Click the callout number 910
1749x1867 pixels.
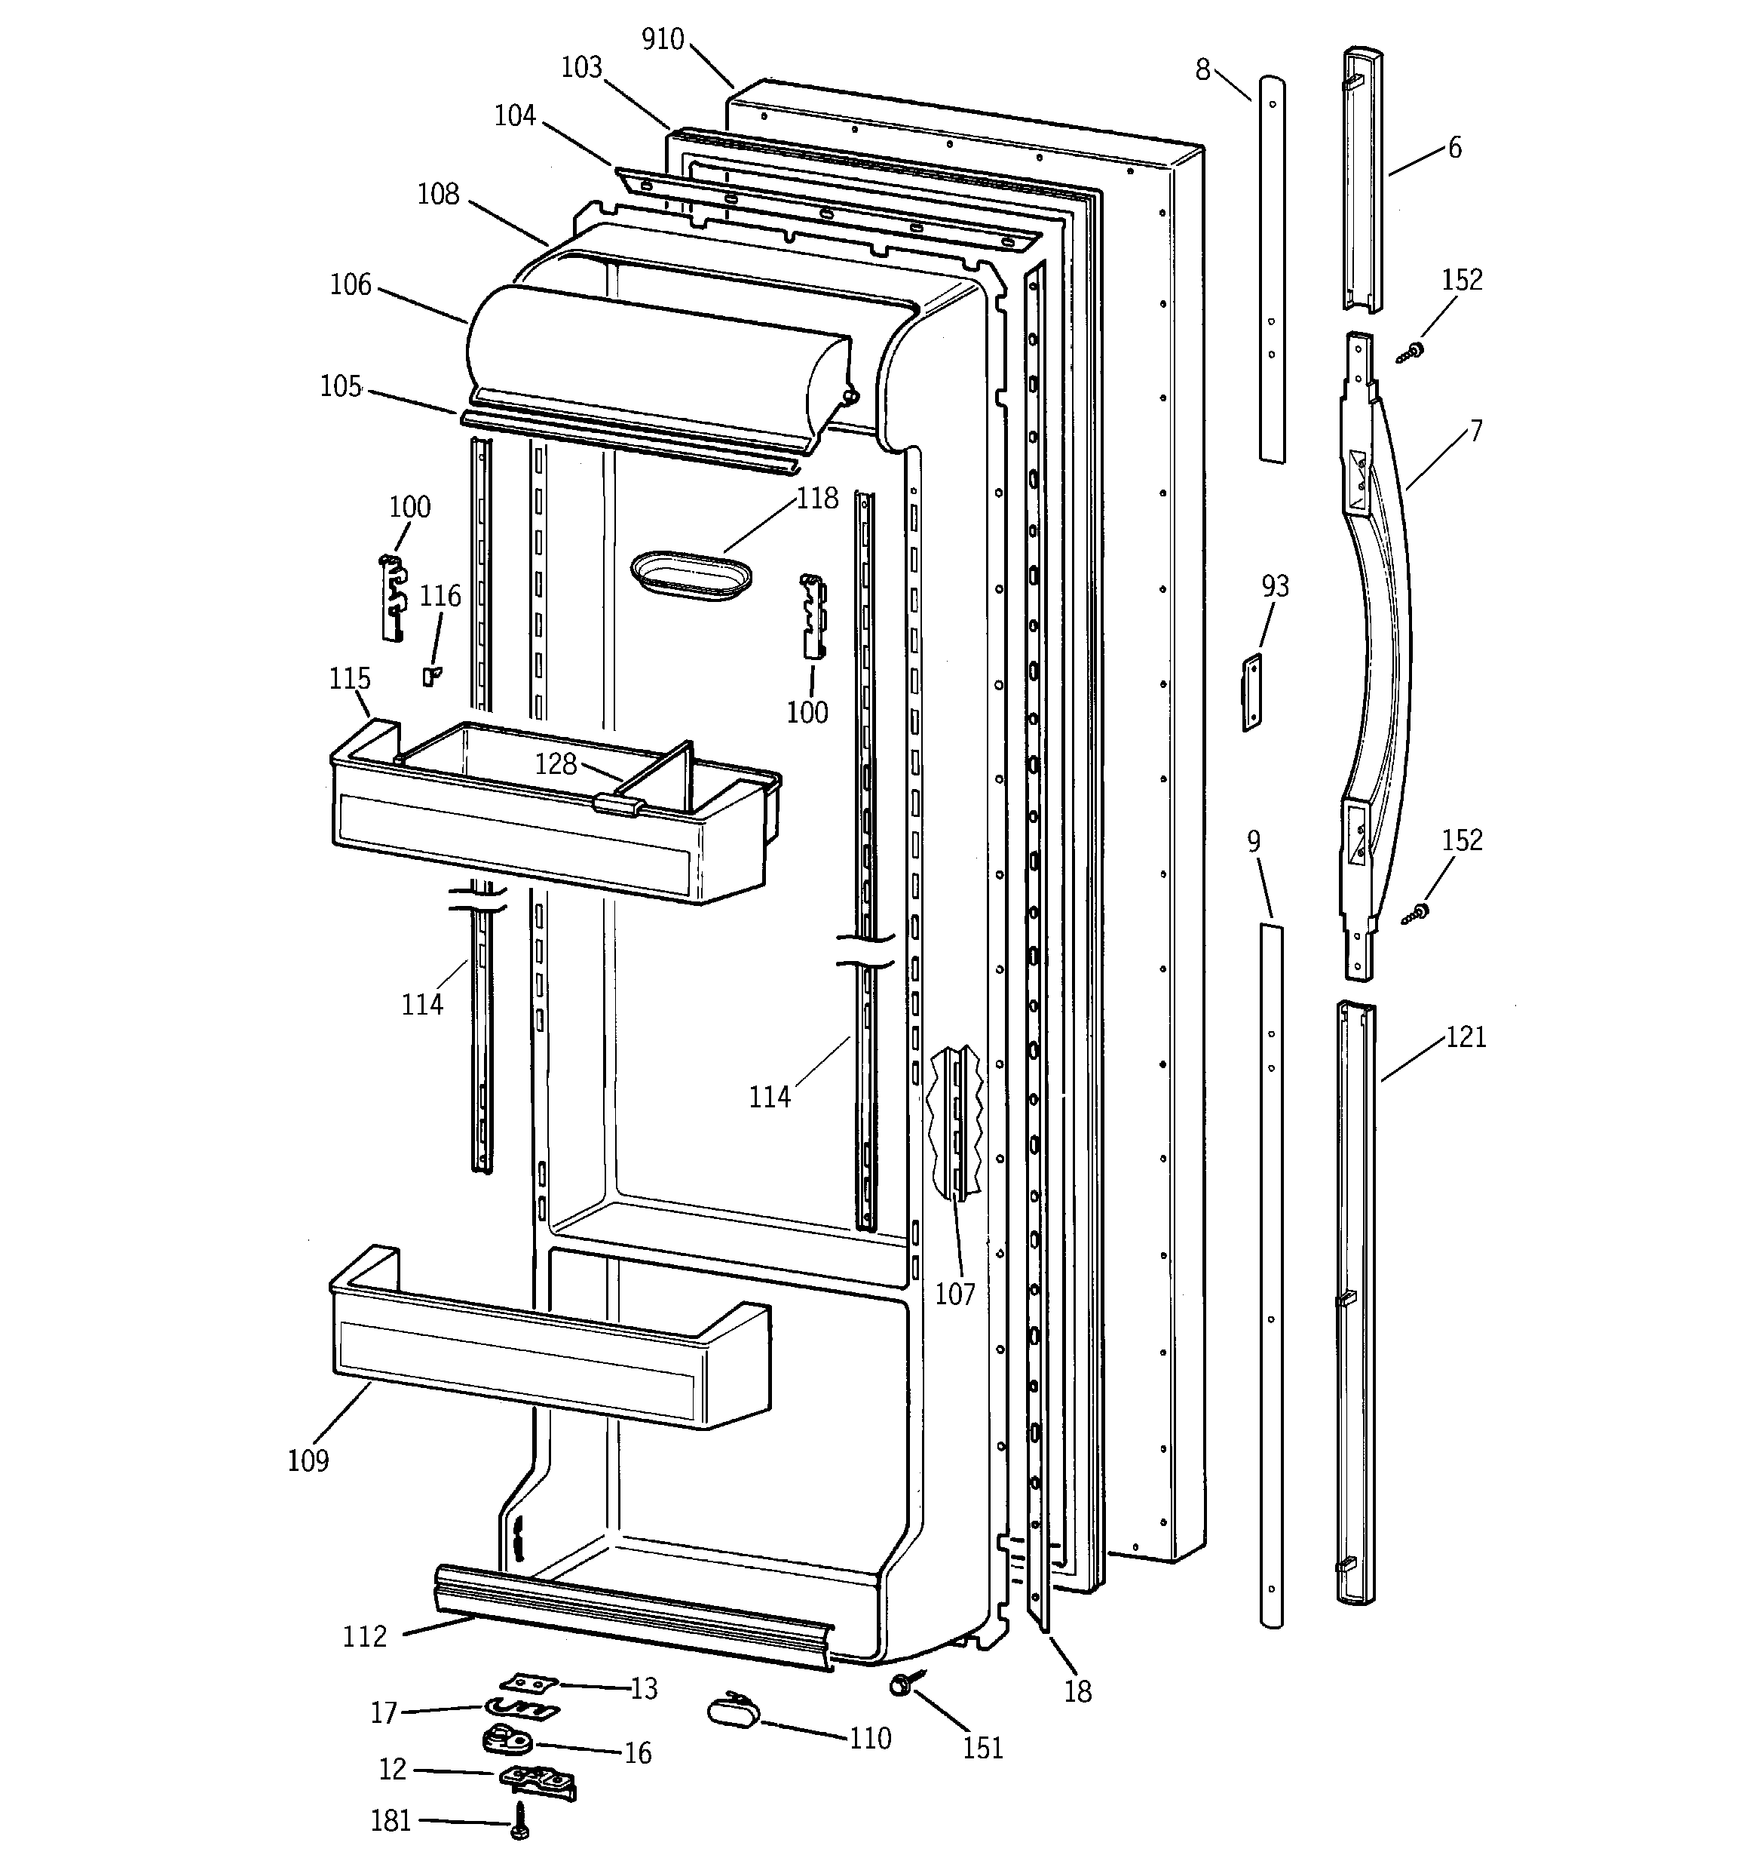[662, 39]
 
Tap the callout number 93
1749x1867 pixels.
[1275, 586]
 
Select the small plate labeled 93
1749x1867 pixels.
[1252, 693]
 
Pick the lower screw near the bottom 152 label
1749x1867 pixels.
[1415, 913]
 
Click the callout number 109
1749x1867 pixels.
[308, 1461]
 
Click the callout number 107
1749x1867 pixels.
[954, 1294]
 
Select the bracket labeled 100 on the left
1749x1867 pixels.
[394, 597]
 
